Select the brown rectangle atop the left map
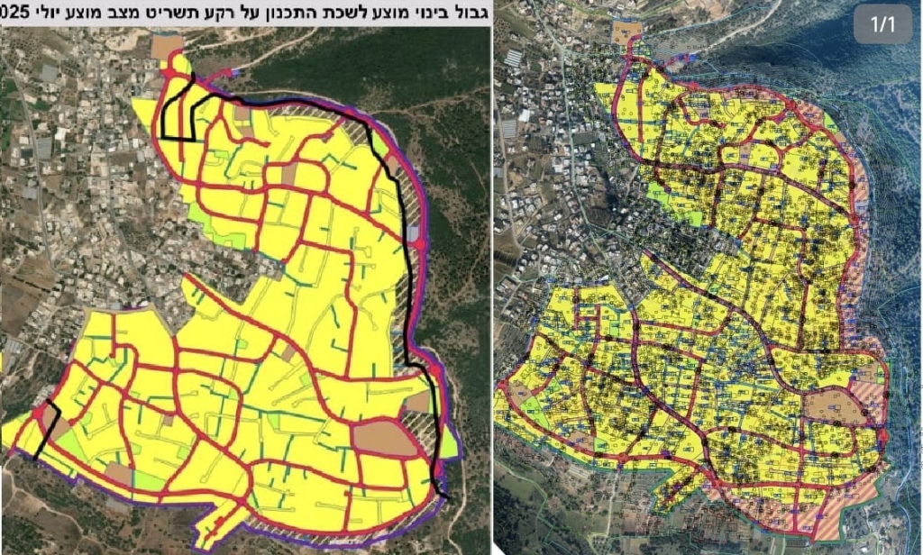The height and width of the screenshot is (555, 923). pos(167,47)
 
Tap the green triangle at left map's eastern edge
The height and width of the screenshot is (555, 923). pos(449,441)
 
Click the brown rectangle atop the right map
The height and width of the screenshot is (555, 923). pos(626,32)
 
